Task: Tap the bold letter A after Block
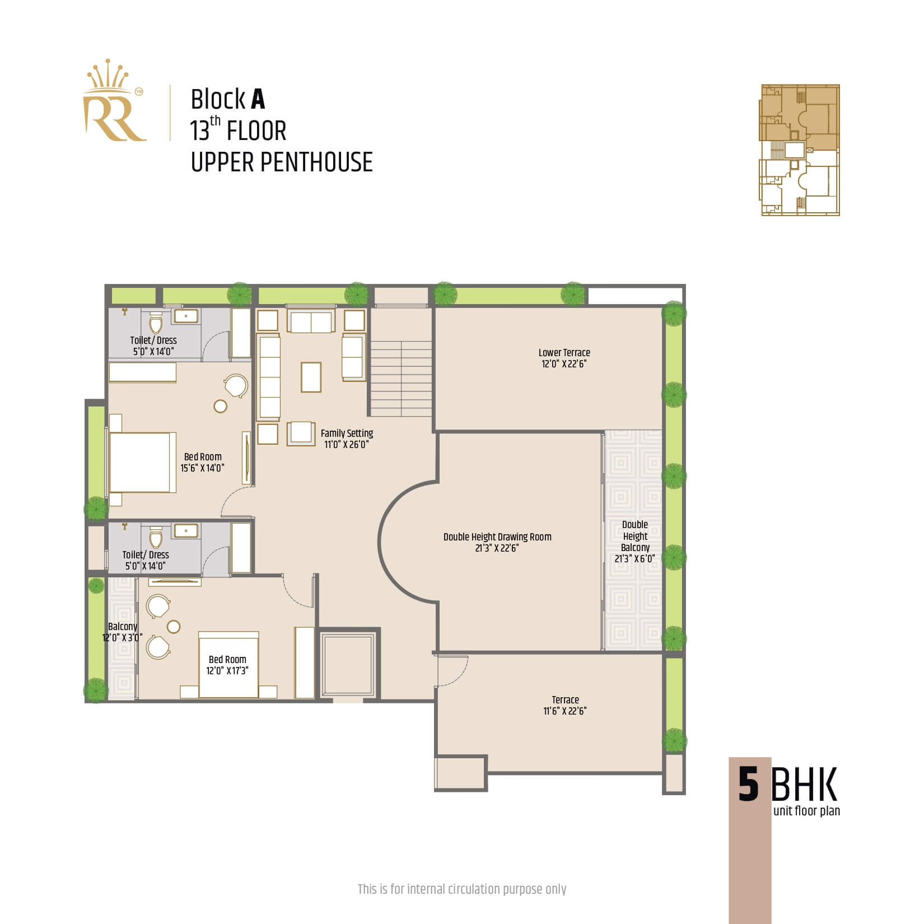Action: (x=258, y=100)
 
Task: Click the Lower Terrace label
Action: (x=564, y=358)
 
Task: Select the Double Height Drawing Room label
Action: (x=497, y=542)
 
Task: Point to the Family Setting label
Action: (x=347, y=438)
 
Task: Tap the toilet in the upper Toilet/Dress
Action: (x=156, y=323)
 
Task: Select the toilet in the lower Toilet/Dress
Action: (x=156, y=538)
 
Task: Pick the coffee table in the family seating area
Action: (x=311, y=377)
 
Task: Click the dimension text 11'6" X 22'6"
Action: (x=565, y=711)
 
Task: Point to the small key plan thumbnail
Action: (x=799, y=150)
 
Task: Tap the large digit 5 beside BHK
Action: (x=748, y=785)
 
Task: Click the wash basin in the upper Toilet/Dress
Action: (x=185, y=316)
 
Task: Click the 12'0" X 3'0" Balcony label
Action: (x=123, y=632)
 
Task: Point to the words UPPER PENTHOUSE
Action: (x=282, y=162)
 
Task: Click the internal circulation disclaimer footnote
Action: (x=462, y=889)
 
